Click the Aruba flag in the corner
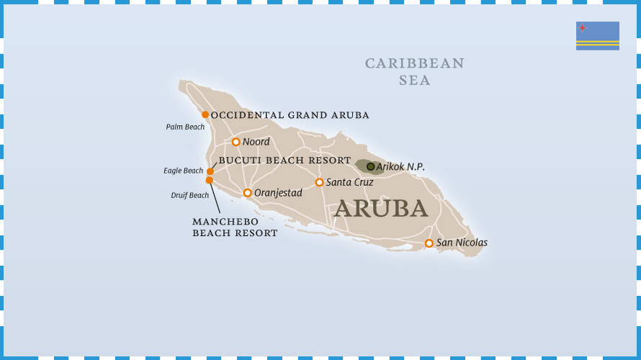coord(597,35)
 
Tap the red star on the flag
coord(582,28)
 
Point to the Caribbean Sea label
coord(415,71)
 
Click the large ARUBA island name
coord(381,208)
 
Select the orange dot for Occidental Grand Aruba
coord(205,114)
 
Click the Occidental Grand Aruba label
coord(290,115)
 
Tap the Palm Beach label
coord(185,127)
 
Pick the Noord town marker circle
coord(236,142)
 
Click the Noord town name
coord(256,142)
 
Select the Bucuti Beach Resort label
coord(284,161)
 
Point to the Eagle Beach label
coord(183,171)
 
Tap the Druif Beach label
coord(189,195)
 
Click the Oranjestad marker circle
coord(247,193)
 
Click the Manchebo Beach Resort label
coord(235,228)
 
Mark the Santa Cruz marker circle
coord(319,182)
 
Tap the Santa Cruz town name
coord(349,182)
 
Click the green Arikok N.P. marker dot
coord(371,166)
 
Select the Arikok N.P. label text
coord(400,166)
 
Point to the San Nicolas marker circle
coord(429,243)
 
